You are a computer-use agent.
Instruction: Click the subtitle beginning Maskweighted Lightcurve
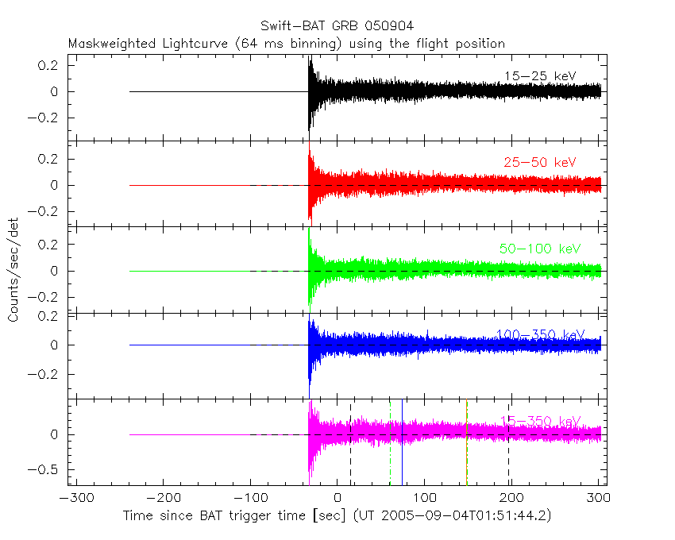286,43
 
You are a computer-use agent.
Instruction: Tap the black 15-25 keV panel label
539,76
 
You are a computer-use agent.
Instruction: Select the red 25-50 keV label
539,163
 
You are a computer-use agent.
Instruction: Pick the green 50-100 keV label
540,249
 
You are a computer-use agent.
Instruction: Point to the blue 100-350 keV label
540,334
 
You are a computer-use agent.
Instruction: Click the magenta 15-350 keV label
540,420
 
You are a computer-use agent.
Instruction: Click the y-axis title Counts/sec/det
13,272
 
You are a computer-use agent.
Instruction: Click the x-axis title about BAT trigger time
337,515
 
